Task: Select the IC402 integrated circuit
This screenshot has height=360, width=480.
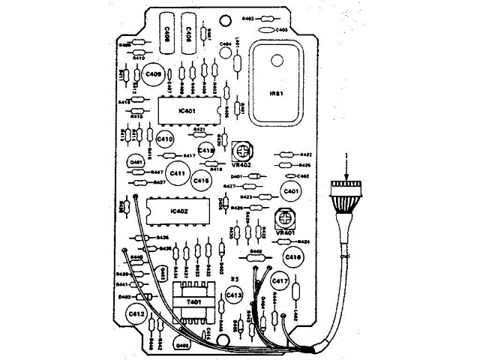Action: (179, 211)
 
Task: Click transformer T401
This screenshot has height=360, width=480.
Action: (193, 301)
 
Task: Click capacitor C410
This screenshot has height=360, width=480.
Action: (164, 139)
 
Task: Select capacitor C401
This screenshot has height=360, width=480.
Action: (291, 192)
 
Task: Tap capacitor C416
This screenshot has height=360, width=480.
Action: (293, 257)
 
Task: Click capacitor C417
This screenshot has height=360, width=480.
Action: (280, 281)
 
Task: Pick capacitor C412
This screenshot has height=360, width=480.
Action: (137, 313)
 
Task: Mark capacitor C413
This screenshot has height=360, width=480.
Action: (234, 296)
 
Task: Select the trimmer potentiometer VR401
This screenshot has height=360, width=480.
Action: (283, 220)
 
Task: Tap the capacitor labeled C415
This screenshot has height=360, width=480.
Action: (200, 180)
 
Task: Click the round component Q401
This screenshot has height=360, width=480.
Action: (136, 162)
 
